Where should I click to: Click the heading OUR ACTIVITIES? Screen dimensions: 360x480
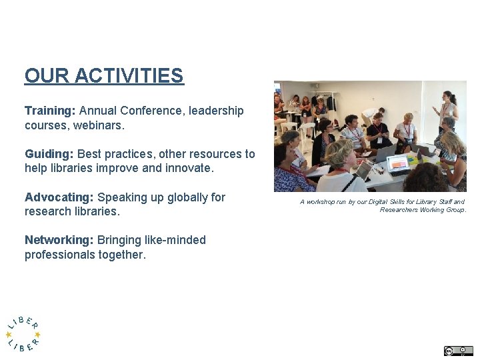point(103,76)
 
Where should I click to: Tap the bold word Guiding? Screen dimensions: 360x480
point(49,154)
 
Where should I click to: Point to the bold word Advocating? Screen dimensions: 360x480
point(59,197)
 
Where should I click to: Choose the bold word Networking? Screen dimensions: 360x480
point(59,240)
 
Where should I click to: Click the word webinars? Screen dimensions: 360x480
point(101,125)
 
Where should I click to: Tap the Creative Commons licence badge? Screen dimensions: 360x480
point(458,351)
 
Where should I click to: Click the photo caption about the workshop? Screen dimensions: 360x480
point(383,205)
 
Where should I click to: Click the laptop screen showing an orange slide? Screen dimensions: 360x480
point(398,163)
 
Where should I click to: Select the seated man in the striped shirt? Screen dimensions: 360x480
point(351,133)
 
